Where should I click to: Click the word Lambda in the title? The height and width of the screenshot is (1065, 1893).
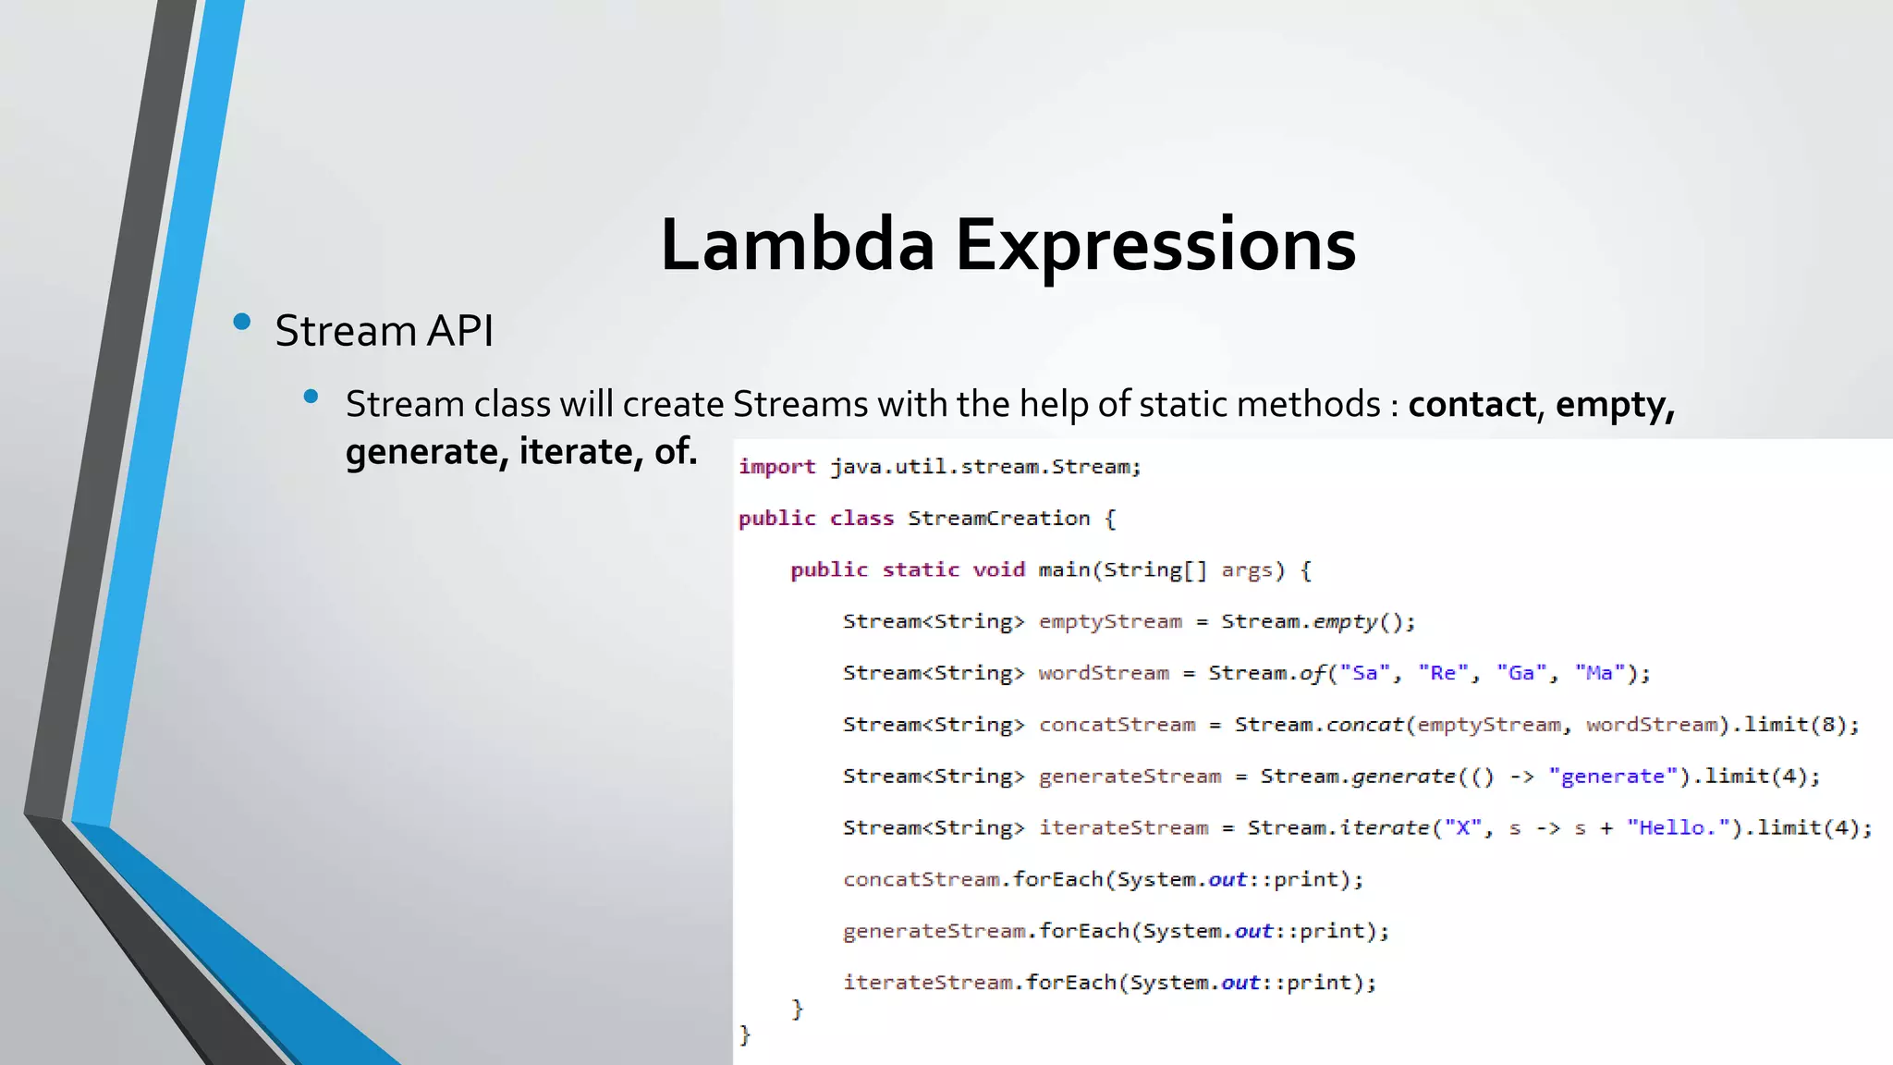pyautogui.click(x=797, y=245)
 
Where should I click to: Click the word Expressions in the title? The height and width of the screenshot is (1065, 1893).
pyautogui.click(x=1155, y=245)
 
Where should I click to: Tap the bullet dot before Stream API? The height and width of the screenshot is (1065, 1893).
pyautogui.click(x=242, y=322)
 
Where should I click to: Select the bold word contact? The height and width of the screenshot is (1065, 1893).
pyautogui.click(x=1472, y=404)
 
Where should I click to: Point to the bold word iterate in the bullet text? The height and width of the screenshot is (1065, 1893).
pyautogui.click(x=575, y=451)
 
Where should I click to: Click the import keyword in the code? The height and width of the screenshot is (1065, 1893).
pyautogui.click(x=776, y=467)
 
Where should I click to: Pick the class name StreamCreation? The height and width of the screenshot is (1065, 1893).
pyautogui.click(x=998, y=519)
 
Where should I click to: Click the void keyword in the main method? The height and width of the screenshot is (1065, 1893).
pyautogui.click(x=998, y=570)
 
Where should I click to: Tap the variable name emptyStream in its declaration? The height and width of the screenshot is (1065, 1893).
pyautogui.click(x=1110, y=622)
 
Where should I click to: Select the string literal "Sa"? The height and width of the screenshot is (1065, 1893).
pyautogui.click(x=1364, y=673)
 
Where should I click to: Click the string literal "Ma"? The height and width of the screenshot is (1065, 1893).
pyautogui.click(x=1599, y=673)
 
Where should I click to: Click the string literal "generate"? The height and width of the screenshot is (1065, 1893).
pyautogui.click(x=1613, y=777)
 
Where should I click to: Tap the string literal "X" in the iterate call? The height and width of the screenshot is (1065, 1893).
pyautogui.click(x=1462, y=828)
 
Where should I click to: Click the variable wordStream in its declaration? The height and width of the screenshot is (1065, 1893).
pyautogui.click(x=1104, y=673)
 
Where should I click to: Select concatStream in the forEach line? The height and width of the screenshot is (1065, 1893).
pyautogui.click(x=922, y=879)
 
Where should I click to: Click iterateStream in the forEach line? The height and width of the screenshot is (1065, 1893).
pyautogui.click(x=928, y=983)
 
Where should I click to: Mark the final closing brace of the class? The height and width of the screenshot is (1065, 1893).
pyautogui.click(x=745, y=1034)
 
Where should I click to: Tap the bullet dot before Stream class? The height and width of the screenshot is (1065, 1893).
pyautogui.click(x=311, y=397)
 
